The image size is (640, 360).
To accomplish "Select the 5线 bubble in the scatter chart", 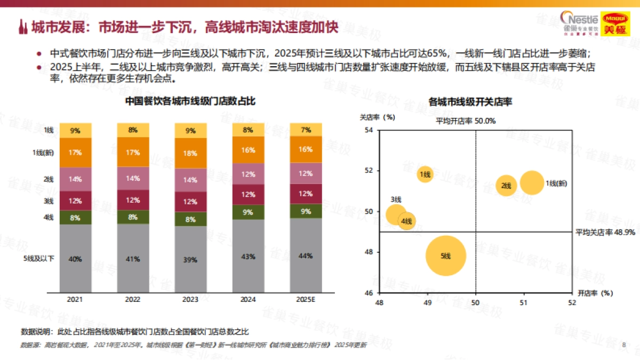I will point(446,256).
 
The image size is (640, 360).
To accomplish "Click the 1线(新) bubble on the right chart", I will point(532,183).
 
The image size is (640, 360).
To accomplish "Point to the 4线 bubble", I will point(407,221).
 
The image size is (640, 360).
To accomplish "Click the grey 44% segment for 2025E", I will point(306,255).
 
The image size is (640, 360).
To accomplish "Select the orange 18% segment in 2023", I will point(190,153).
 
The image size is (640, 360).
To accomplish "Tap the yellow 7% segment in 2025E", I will point(306,130).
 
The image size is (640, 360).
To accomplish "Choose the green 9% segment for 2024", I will point(248,212).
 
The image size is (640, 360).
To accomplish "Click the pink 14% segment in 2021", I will point(75,179).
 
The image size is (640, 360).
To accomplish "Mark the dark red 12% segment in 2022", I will point(133,200).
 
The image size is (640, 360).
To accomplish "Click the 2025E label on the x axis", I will point(306,300).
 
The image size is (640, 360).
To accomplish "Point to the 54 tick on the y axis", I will point(368,130).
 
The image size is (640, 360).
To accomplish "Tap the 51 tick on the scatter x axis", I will point(524,302).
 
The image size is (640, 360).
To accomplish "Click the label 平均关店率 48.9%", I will point(605,233).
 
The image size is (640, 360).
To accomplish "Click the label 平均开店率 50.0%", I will point(466,121).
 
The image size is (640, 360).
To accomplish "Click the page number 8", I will point(623,345).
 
